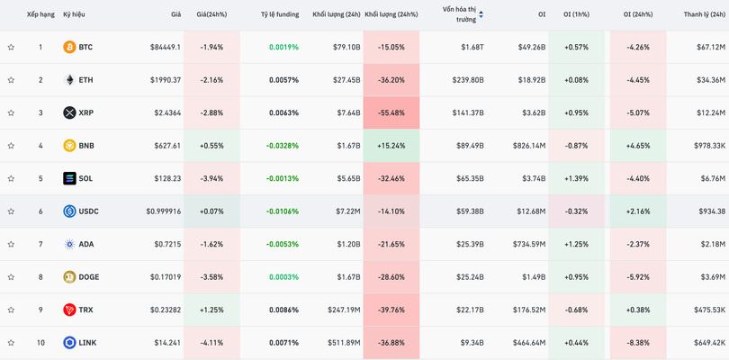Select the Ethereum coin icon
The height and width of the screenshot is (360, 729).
pyautogui.click(x=69, y=80)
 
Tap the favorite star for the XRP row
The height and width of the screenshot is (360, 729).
pyautogui.click(x=11, y=112)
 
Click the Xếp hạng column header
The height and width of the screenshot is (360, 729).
pyautogui.click(x=40, y=14)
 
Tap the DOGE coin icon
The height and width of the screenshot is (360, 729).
pyautogui.click(x=69, y=277)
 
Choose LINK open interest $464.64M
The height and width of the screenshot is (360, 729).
pyautogui.click(x=528, y=343)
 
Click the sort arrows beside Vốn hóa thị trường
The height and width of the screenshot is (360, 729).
pyautogui.click(x=481, y=14)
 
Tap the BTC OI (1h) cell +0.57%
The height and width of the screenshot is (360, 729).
pyautogui.click(x=576, y=47)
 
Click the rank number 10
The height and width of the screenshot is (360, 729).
pyautogui.click(x=40, y=343)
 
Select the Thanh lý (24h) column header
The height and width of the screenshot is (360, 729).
pyautogui.click(x=705, y=14)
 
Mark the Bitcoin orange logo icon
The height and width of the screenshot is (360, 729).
pyautogui.click(x=69, y=47)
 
